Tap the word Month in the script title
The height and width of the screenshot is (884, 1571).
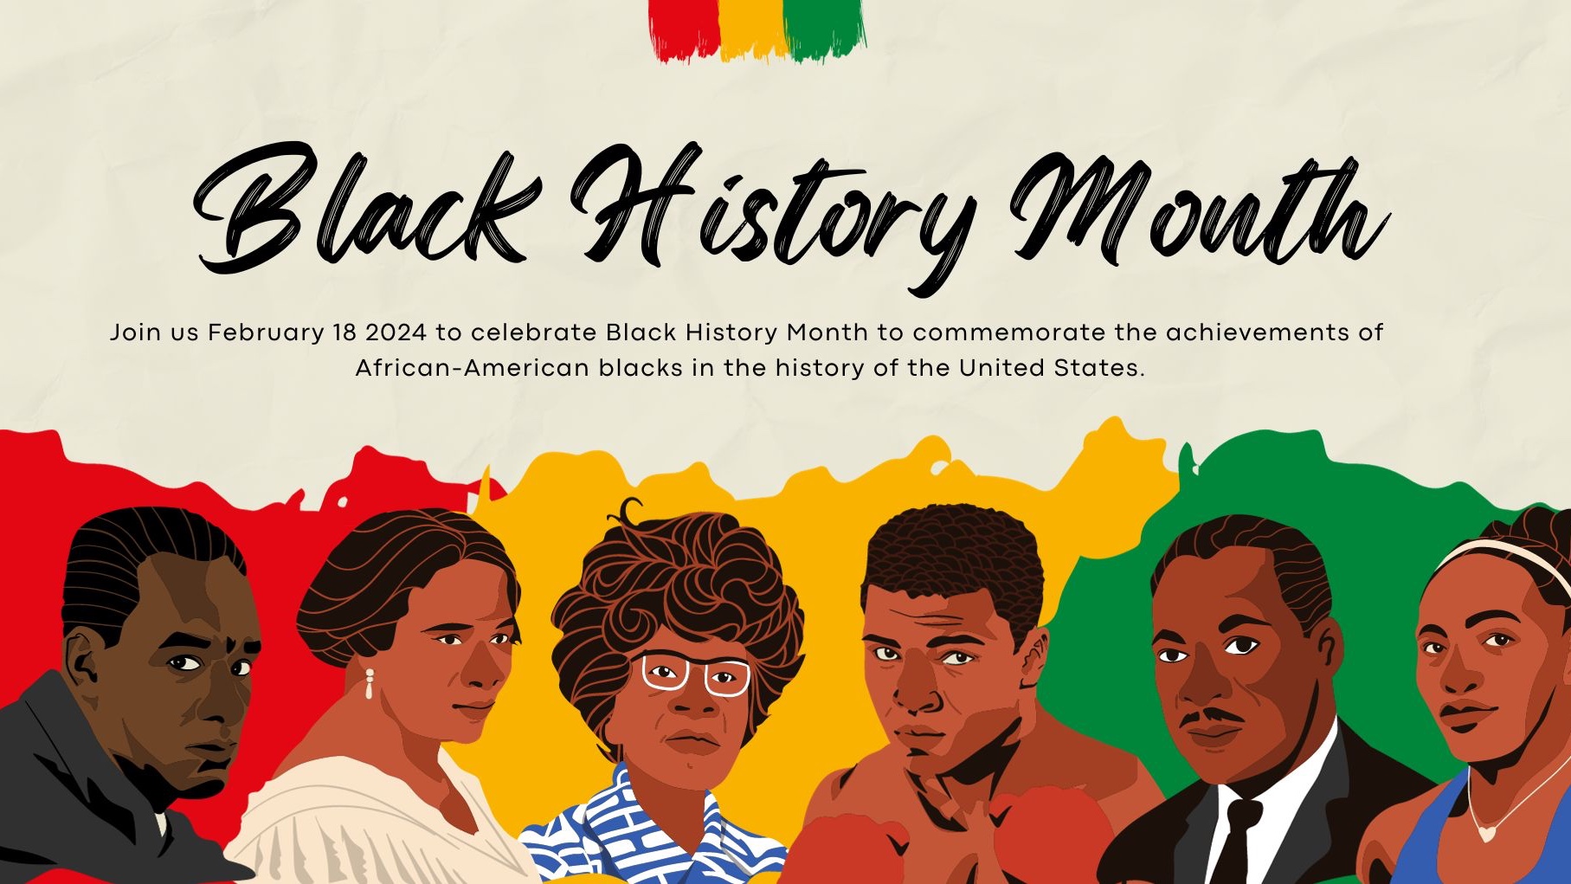[x=1199, y=208]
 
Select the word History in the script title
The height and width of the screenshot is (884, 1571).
[x=775, y=212]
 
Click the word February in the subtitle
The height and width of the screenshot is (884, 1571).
[x=265, y=332]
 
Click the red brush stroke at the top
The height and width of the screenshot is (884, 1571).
[x=685, y=29]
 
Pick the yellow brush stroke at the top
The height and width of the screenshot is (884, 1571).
[x=753, y=29]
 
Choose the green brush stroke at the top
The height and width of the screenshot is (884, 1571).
[x=825, y=29]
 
